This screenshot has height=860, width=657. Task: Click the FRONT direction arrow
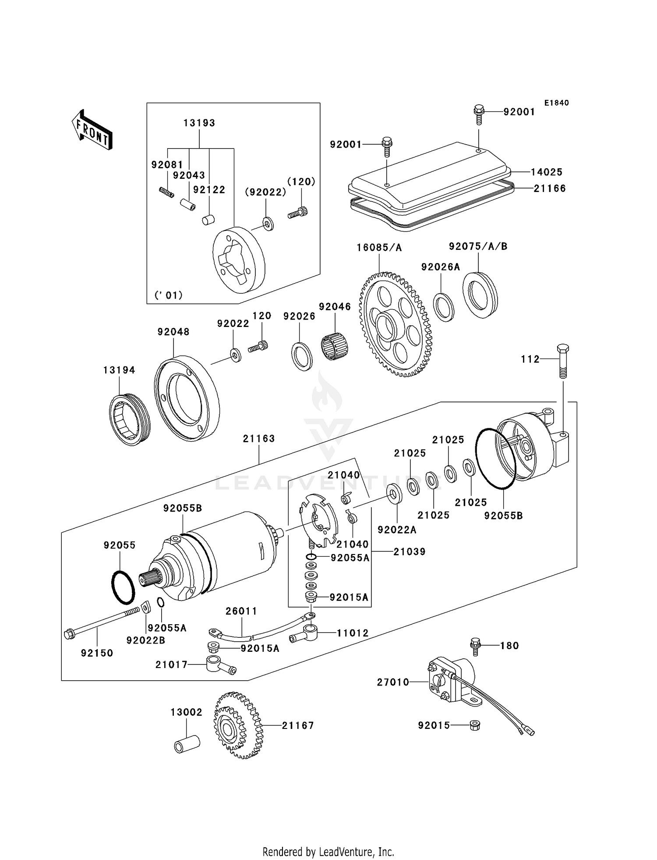92,130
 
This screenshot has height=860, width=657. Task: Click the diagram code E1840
556,103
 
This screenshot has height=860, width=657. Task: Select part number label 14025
547,172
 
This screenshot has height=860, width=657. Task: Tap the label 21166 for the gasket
550,188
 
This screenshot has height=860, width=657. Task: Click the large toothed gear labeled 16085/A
395,324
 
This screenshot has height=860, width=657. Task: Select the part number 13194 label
119,370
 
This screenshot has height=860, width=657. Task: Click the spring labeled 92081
166,192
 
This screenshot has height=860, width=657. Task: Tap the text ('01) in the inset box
169,295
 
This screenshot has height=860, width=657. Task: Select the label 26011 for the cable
241,611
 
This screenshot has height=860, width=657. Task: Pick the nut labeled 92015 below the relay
474,725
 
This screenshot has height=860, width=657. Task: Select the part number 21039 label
409,551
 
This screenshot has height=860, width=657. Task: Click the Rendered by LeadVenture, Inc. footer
328,852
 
